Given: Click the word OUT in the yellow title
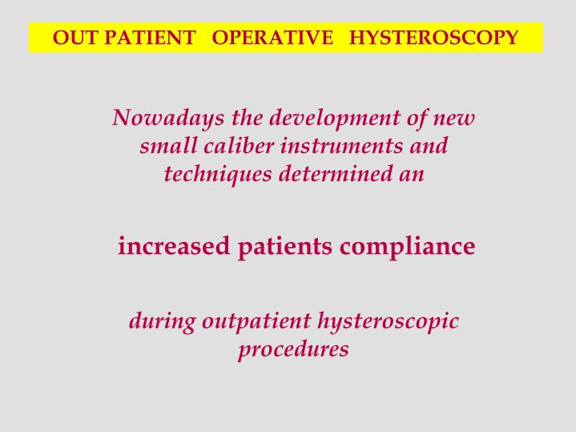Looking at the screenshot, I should point(70,38).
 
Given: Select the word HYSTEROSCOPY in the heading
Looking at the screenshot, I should point(433,38).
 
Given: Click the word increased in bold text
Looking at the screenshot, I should point(174,246).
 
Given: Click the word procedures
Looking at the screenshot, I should point(293,350).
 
